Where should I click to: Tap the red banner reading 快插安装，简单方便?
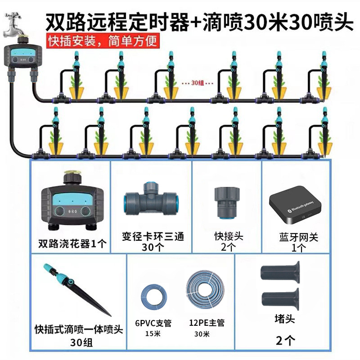click(103, 42)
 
